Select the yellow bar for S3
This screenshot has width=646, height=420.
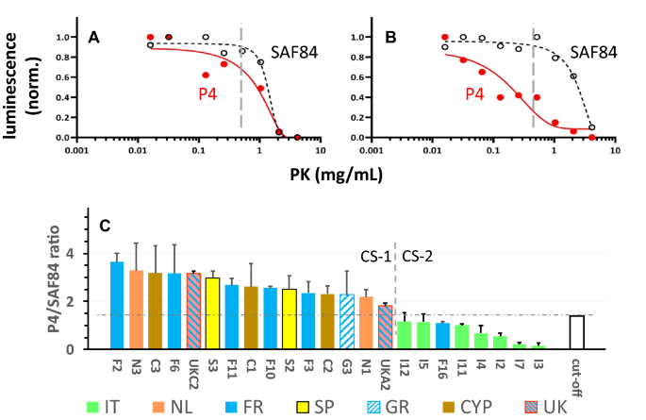(x=213, y=313)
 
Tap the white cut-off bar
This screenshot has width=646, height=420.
(x=576, y=332)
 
